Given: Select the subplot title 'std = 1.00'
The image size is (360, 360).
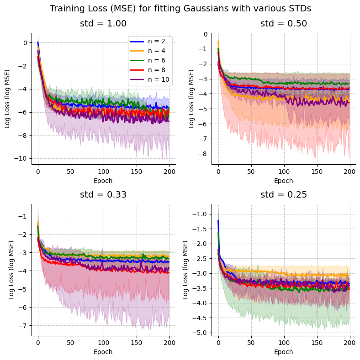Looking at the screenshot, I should [x=103, y=24].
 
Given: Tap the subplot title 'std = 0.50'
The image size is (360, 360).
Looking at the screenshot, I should [x=283, y=24].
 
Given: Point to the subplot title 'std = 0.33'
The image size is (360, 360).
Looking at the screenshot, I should [x=103, y=194].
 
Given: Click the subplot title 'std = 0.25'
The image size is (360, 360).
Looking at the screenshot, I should [x=283, y=194].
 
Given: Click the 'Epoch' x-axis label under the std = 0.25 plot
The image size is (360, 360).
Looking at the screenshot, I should [x=283, y=352].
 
